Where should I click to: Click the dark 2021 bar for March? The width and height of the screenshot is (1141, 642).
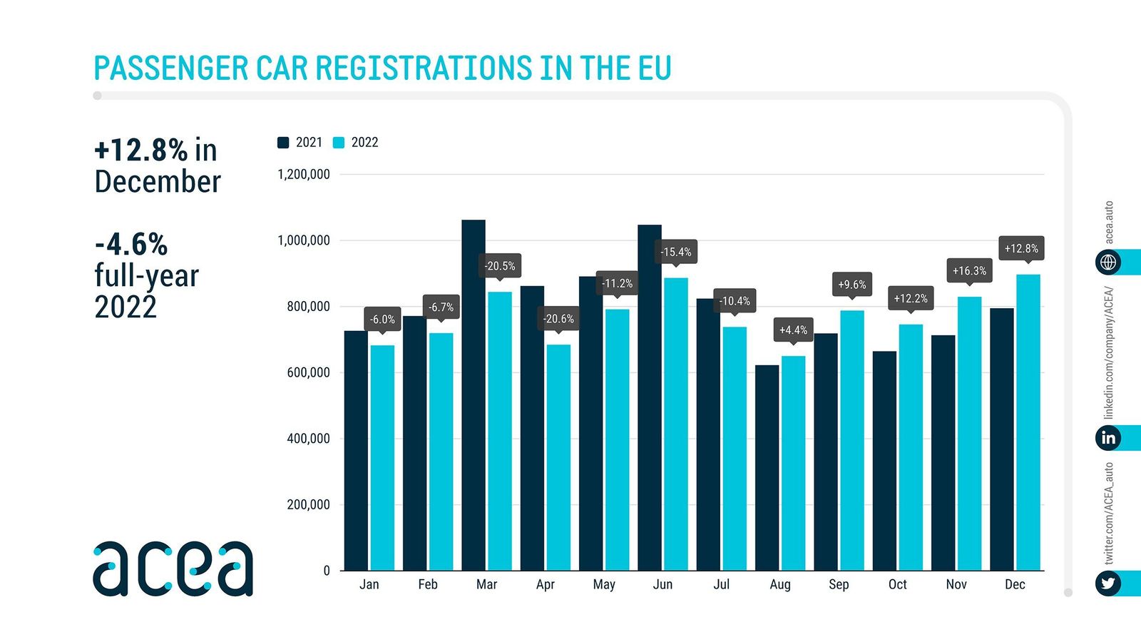[x=474, y=396]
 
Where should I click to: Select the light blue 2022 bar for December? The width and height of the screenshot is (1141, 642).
[x=1028, y=422]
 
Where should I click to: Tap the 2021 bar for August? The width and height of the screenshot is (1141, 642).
[x=767, y=468]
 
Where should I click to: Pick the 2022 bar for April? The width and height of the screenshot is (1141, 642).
[x=558, y=457]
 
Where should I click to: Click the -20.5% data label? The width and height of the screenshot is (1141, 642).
[x=500, y=266]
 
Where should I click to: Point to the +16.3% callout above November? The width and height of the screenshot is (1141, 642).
[x=969, y=271]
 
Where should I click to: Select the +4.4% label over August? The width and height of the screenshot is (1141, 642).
[x=793, y=330]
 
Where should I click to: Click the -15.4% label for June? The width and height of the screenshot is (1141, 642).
[x=675, y=252]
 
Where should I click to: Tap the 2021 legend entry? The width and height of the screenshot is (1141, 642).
[x=300, y=143]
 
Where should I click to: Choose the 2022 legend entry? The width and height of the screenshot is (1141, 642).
[x=356, y=143]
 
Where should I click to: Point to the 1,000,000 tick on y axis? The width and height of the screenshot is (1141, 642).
[x=304, y=240]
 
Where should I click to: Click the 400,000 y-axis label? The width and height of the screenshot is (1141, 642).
[x=308, y=439]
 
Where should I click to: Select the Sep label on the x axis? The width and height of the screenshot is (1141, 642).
[x=839, y=584]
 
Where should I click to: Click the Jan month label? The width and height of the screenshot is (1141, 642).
[x=369, y=584]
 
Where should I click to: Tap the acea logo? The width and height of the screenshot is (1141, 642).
[x=173, y=569]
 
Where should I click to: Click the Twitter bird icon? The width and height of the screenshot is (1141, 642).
[x=1107, y=584]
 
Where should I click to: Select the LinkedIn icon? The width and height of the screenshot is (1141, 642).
[x=1107, y=437]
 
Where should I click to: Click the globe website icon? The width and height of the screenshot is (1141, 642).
[x=1107, y=263]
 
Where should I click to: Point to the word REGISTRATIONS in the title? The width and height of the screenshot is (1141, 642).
[x=423, y=68]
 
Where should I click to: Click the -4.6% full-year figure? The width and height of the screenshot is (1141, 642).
[x=131, y=245]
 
